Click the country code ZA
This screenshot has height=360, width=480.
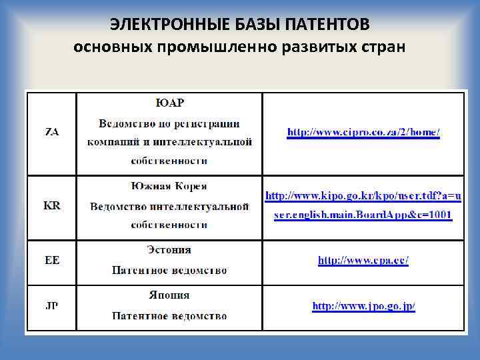point(51,132)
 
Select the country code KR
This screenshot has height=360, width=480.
point(51,206)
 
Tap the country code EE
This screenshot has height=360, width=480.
point(51,260)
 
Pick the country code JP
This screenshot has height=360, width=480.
point(51,306)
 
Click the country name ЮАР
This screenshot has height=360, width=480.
point(169,103)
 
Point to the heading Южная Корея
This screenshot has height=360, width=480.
point(169,186)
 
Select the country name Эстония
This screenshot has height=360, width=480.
point(169,250)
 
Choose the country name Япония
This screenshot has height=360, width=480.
point(169,295)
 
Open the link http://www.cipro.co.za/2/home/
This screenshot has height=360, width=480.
point(363,132)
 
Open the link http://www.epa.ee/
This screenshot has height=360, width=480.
point(363,260)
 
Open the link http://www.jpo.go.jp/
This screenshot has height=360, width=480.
point(363,306)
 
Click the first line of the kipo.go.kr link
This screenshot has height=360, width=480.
point(363,196)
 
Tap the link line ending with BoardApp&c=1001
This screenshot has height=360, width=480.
point(363,215)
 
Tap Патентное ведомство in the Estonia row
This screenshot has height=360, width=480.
point(169,271)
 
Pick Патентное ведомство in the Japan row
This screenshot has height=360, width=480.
point(169,316)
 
